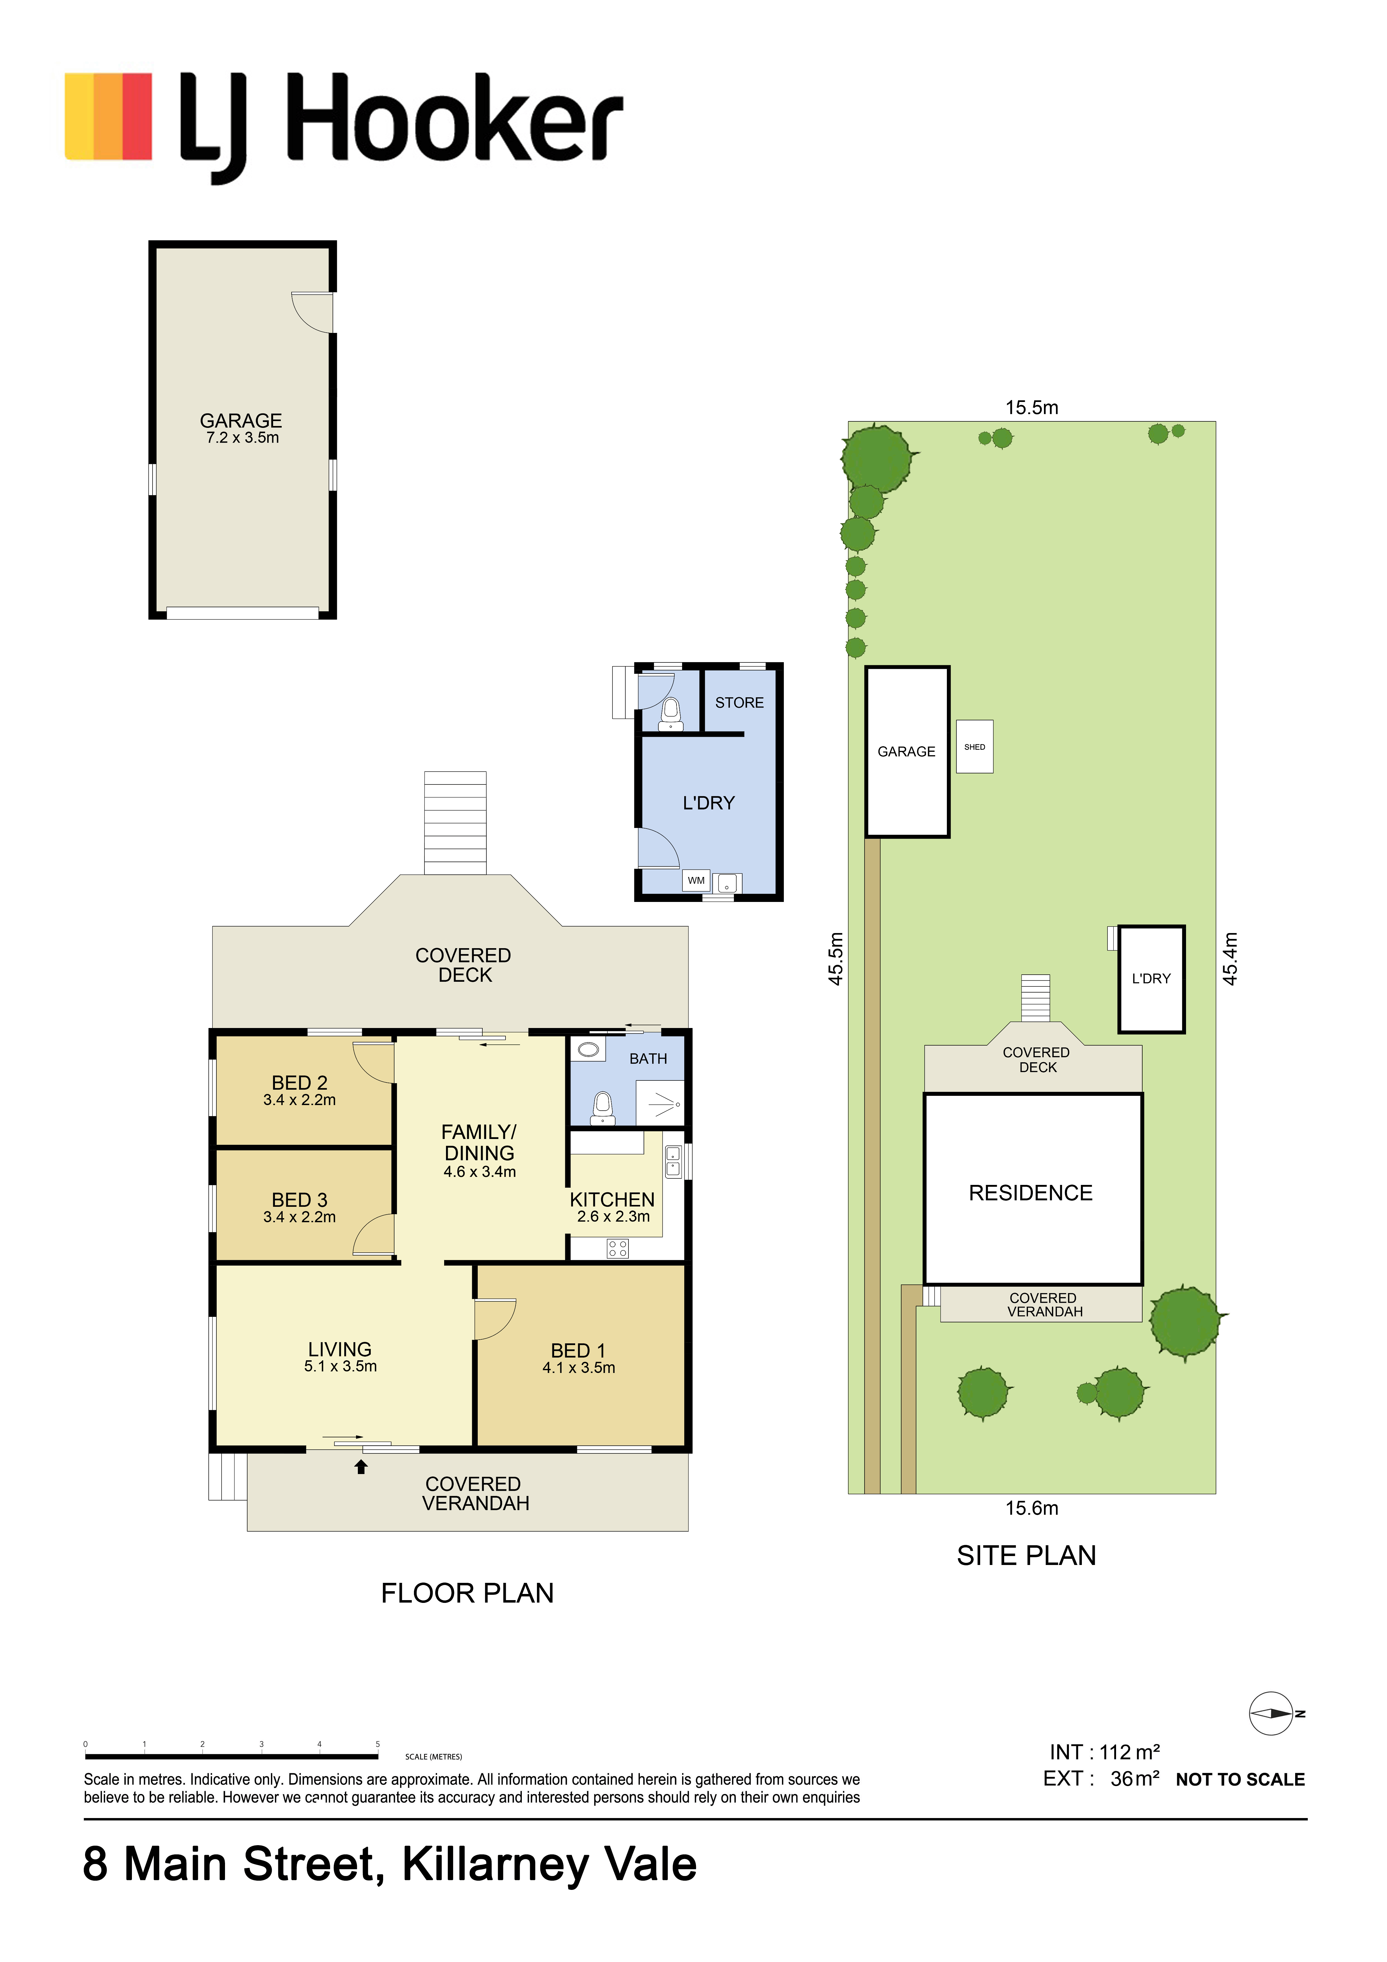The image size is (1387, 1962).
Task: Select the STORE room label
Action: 739,702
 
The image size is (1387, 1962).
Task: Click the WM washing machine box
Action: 697,880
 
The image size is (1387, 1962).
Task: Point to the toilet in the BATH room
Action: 603,1108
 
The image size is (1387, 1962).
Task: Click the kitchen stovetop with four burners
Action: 617,1248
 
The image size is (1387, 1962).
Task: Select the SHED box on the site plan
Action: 974,747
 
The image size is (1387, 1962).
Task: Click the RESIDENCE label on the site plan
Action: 1031,1193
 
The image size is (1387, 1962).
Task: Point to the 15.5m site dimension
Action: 1032,408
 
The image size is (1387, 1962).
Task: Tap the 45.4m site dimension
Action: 1230,959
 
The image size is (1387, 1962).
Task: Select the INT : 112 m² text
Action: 1104,1753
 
